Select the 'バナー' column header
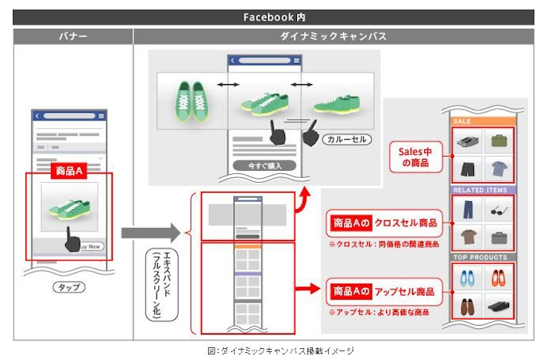pos(72,36)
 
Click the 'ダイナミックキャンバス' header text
pos(334,36)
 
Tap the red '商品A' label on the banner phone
pos(68,171)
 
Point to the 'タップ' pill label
pos(68,287)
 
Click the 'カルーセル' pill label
pos(347,139)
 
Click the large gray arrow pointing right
pos(151,233)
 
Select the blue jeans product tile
pos(467,211)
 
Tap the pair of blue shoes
pos(467,278)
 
